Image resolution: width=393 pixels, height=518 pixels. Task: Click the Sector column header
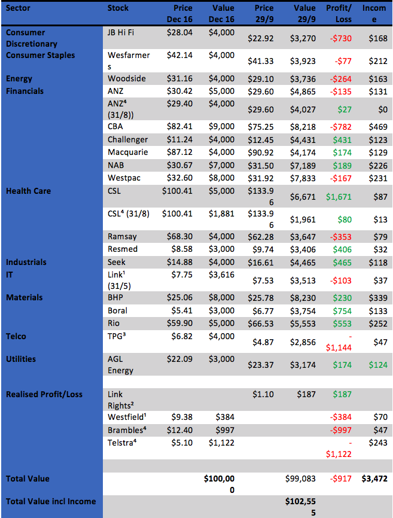coord(19,8)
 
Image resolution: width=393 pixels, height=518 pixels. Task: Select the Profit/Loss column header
coord(340,13)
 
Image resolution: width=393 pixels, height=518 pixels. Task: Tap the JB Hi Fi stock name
coord(124,32)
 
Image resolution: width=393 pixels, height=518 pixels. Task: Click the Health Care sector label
coord(28,191)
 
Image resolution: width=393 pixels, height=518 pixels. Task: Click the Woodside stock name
coord(127,78)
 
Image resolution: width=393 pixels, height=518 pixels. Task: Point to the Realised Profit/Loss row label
coord(44,394)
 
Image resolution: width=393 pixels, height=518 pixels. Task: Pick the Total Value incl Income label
coord(51,501)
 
